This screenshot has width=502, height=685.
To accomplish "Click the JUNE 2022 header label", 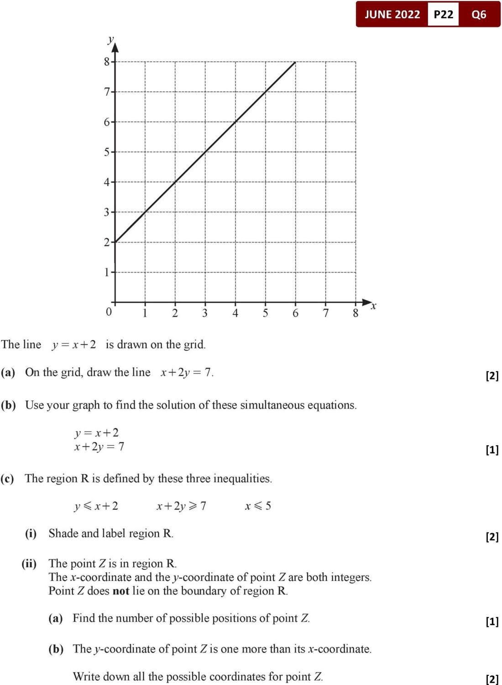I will (x=392, y=14).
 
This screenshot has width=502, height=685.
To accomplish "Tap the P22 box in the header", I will (x=443, y=14).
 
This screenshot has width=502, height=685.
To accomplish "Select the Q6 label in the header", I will (x=479, y=14).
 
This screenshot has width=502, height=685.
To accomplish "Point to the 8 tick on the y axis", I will (x=107, y=62).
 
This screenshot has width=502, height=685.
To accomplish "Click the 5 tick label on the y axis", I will (x=107, y=152).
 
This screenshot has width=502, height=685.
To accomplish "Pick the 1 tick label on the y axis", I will (x=107, y=272).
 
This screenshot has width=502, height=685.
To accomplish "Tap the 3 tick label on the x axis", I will (x=205, y=313).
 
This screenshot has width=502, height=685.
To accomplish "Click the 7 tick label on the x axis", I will (x=326, y=313).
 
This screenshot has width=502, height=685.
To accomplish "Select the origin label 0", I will (x=108, y=312).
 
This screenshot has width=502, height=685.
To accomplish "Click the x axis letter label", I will (x=373, y=306).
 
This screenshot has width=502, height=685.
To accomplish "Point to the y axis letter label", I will (x=110, y=39).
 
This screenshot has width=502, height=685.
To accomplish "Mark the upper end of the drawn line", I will (x=295, y=62).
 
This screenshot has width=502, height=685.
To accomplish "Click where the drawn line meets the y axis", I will (x=115, y=242).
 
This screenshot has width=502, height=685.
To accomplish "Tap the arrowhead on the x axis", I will (x=367, y=302).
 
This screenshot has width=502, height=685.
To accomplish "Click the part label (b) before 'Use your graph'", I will (x=8, y=405).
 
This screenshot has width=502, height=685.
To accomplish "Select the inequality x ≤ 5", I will (x=258, y=506).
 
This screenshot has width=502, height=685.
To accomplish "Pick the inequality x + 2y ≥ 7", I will (x=181, y=506).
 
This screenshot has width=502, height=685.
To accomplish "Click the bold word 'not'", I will (x=121, y=591).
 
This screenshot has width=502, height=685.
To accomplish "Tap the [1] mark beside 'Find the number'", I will (x=492, y=621).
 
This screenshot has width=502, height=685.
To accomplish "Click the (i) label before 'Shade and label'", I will (x=31, y=533).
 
